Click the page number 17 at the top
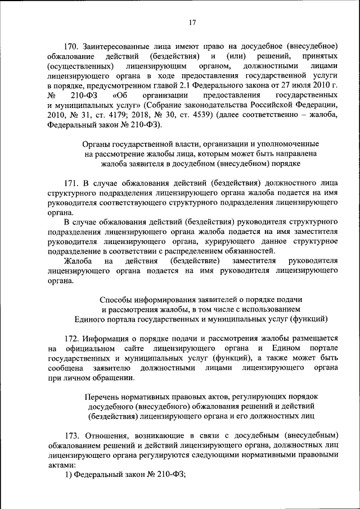[x=192, y=22]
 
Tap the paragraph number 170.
[x=73, y=45]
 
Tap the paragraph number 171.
[x=73, y=183]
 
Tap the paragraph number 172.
[x=73, y=339]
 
